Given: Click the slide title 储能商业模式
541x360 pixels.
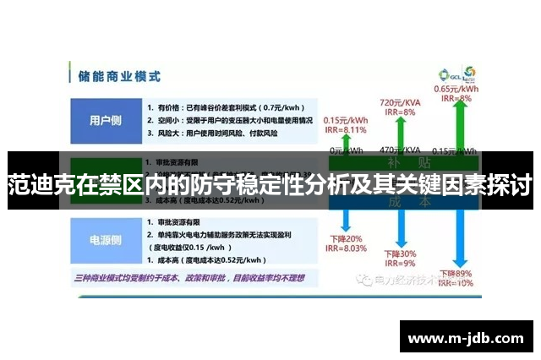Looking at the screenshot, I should click(119, 75).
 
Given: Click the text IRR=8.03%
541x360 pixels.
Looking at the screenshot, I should click(346, 248).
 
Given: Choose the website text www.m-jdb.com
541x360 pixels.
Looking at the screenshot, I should click(466, 338).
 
